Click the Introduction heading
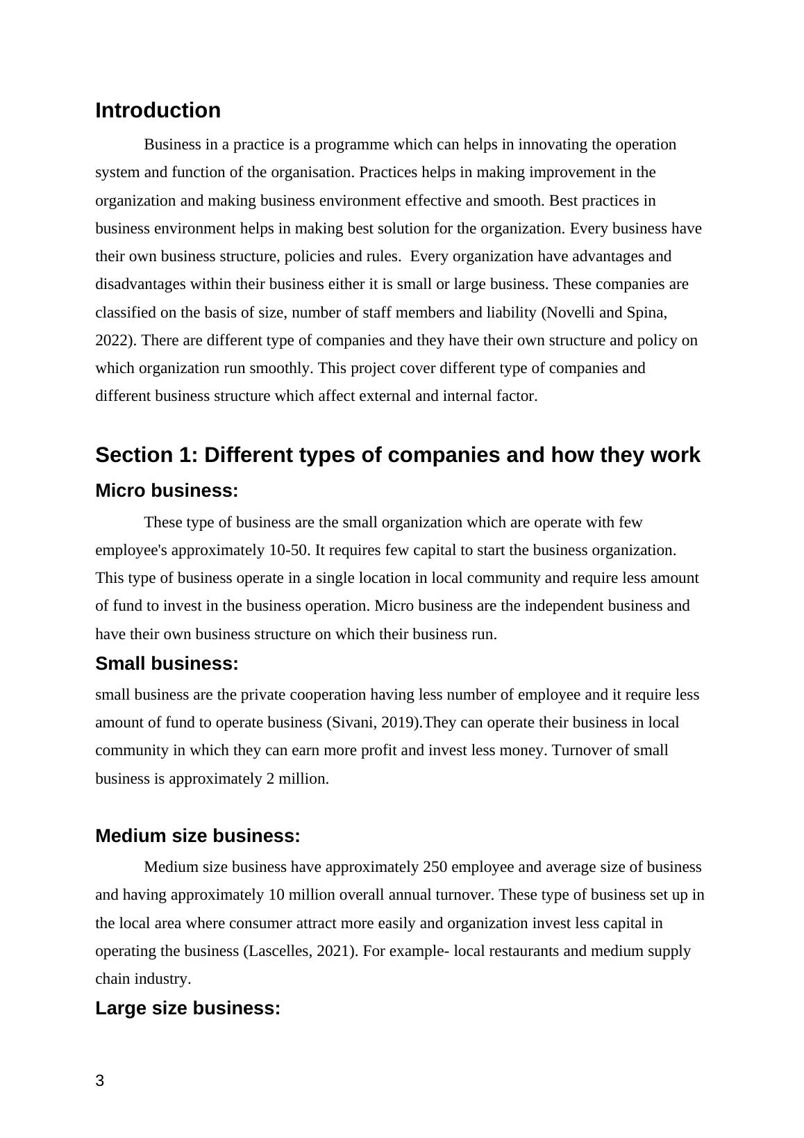click(x=158, y=110)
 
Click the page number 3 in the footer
click(x=100, y=1080)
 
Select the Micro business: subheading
click(x=167, y=490)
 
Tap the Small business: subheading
click(x=167, y=663)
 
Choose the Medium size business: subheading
click(x=197, y=836)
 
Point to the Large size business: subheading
click(x=187, y=1008)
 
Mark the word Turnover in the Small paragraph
click(x=579, y=750)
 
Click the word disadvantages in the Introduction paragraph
click(x=139, y=284)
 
